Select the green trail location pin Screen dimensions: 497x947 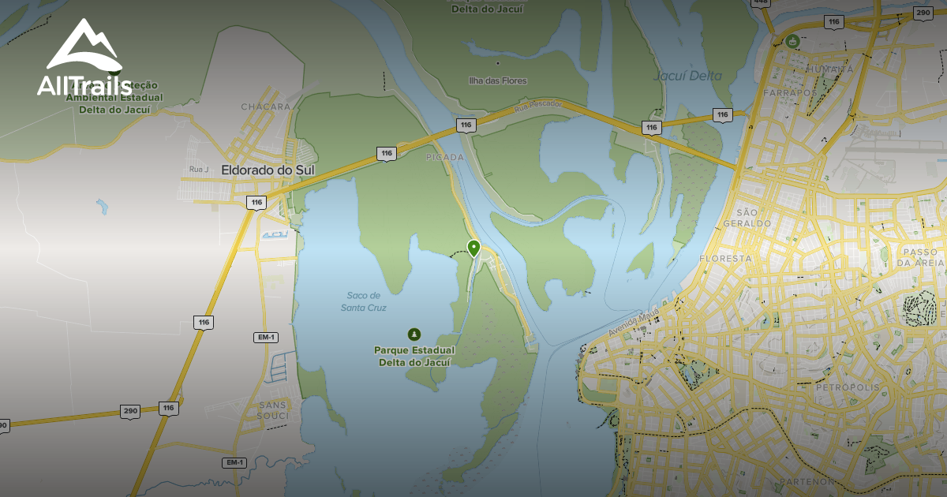point(473,248)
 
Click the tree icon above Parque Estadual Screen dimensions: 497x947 point(413,334)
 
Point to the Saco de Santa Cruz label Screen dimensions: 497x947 point(365,301)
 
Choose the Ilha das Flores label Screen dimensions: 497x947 point(497,80)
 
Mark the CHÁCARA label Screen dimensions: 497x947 point(266,106)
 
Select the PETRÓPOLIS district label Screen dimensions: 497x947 point(846,388)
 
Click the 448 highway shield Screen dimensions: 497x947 point(761,2)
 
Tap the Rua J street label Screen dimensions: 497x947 point(198,169)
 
